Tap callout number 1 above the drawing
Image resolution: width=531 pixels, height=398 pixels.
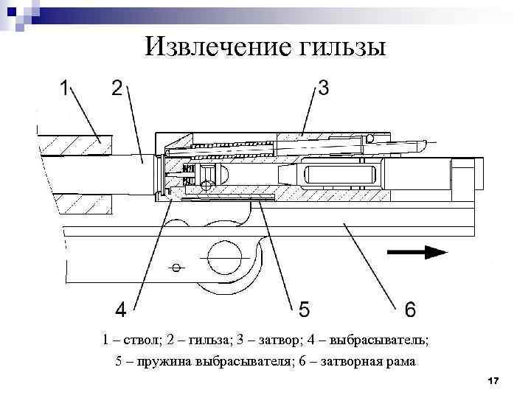click(x=64, y=89)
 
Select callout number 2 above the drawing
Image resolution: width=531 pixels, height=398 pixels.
click(x=117, y=89)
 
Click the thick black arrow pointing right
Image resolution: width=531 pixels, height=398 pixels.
click(x=417, y=251)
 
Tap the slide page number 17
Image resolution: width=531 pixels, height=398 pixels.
click(x=493, y=380)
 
